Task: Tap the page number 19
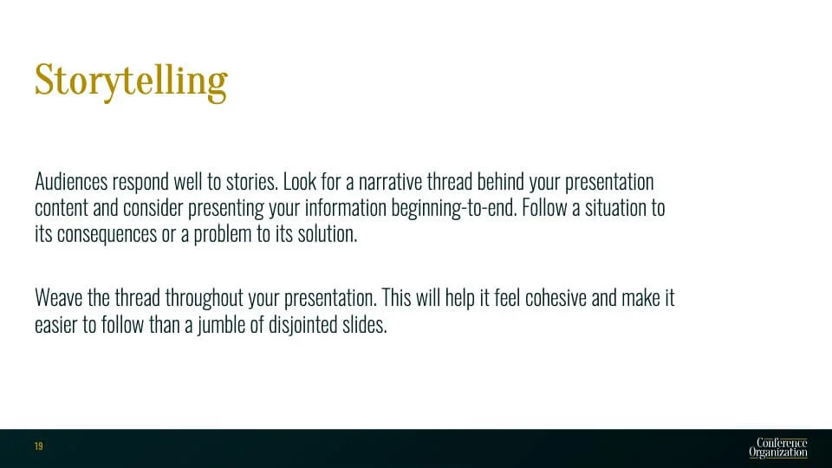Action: click(39, 446)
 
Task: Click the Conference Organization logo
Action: click(778, 448)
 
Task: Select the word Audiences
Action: click(71, 181)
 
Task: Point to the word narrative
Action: click(390, 181)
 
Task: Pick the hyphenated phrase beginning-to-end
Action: click(453, 209)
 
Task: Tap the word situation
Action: click(615, 207)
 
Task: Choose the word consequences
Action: click(107, 235)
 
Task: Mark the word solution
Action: click(328, 233)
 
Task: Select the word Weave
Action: click(58, 297)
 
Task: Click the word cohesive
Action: click(556, 297)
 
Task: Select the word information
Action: click(346, 207)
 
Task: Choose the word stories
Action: click(252, 181)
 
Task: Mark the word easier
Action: click(55, 325)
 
